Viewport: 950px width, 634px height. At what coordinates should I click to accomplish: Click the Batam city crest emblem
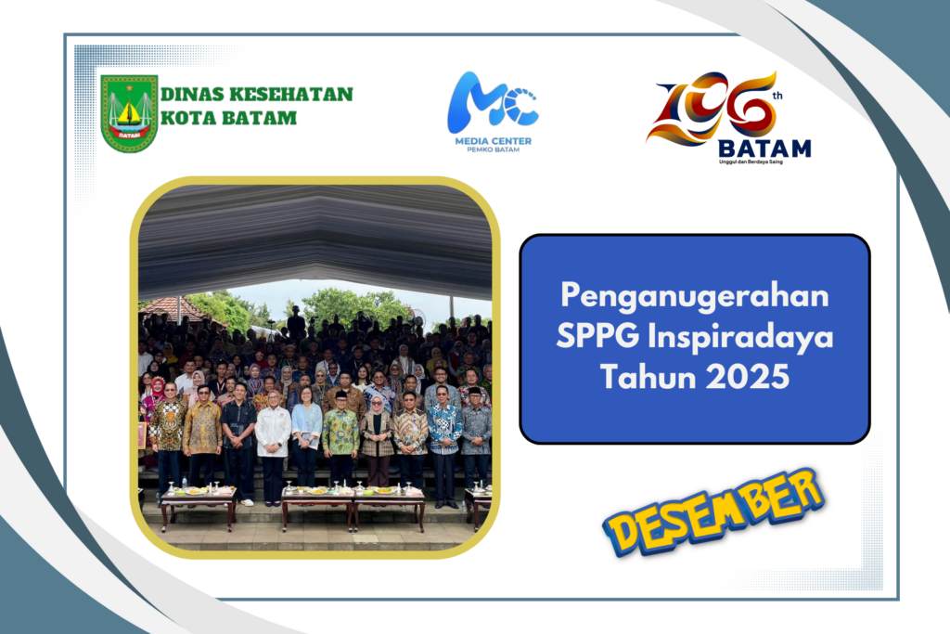point(129,113)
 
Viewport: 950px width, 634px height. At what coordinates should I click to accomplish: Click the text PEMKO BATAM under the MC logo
point(493,149)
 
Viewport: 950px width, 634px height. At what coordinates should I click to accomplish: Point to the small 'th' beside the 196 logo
point(777,96)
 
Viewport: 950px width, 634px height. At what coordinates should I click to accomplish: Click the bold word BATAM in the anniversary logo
point(764,148)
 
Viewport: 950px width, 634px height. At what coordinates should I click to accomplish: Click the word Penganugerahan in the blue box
point(694,297)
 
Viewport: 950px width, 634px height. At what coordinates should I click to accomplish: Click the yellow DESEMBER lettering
point(713,512)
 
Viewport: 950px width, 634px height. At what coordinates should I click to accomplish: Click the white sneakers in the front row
point(247,502)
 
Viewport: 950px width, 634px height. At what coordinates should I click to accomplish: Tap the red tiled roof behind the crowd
point(175,309)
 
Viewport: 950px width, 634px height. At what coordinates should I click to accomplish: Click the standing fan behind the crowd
point(417,317)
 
